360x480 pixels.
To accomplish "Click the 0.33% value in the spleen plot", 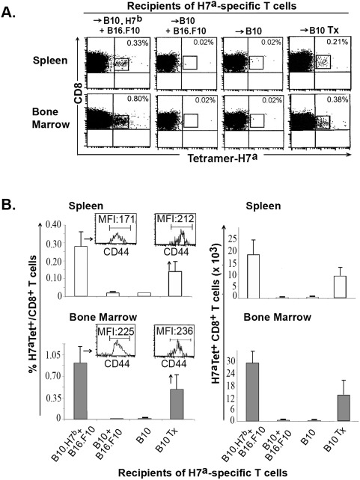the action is tap(138, 43).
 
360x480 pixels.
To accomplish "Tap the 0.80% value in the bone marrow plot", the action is tap(138, 99).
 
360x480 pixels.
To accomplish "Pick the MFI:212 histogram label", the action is tap(175, 218).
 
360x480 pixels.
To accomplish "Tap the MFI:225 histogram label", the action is tap(116, 331).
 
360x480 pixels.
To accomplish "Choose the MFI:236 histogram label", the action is tap(174, 330).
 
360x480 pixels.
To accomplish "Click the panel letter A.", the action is tap(8, 12).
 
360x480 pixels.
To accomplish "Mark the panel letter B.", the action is tap(8, 205).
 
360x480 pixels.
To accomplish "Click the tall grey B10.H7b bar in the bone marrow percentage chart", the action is tap(81, 391).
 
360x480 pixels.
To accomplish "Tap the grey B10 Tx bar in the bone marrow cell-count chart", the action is tap(344, 407).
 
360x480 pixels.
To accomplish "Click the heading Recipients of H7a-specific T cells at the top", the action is tap(212, 5).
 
